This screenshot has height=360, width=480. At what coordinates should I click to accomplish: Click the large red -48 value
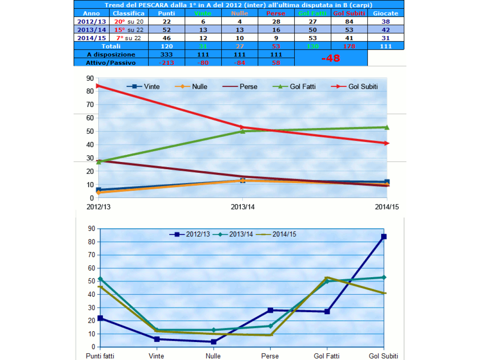tap(331, 58)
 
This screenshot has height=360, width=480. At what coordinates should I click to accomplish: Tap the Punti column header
tap(166, 13)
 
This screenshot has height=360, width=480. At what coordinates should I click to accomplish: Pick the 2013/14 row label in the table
tap(92, 30)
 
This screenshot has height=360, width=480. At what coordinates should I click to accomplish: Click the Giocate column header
tap(385, 13)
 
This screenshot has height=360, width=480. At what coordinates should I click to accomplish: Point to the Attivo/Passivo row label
tap(111, 62)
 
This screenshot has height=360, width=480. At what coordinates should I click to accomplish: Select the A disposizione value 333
tap(166, 54)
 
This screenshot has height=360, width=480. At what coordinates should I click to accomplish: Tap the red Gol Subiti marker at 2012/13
tap(98, 86)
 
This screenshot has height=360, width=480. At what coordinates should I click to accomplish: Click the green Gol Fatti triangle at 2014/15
tap(387, 127)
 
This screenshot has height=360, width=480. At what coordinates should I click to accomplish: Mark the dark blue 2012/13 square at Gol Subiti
tap(384, 236)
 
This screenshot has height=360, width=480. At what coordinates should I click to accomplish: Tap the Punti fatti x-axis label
tap(100, 356)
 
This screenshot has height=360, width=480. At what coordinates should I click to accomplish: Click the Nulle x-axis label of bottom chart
tap(213, 356)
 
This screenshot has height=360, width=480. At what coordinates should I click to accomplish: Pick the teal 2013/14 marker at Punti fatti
tap(100, 279)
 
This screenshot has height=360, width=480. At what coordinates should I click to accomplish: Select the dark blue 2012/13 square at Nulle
tap(214, 342)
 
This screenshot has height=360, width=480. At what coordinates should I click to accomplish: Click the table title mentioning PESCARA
tap(238, 5)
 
